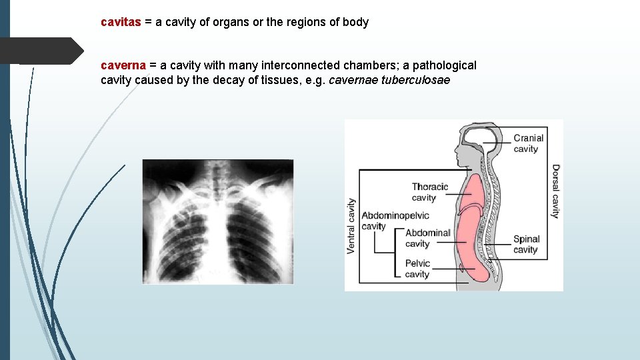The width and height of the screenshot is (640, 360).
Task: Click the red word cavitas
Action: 121,22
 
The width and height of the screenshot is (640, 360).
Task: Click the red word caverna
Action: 123,65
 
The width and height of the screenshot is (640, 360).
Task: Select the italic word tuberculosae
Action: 415,80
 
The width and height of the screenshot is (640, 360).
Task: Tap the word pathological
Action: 444,65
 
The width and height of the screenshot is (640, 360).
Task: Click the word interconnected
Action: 300,65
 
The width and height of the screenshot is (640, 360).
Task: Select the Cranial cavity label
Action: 528,143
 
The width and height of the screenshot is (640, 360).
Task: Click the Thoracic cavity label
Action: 429,192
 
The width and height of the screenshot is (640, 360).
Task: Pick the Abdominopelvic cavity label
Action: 395,221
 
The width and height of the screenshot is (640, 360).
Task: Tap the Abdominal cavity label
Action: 427,238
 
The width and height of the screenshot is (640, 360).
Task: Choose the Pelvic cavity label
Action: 417,269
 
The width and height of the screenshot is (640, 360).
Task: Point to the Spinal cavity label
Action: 526,244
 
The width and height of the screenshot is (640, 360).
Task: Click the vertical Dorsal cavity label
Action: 555,191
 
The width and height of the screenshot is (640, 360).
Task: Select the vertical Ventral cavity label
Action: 351,225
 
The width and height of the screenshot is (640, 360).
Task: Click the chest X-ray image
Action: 217,221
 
